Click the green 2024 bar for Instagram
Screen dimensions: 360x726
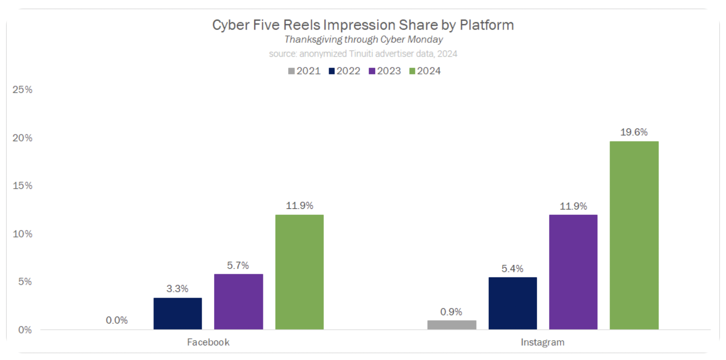click(634, 235)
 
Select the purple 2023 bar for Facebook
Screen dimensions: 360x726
click(238, 302)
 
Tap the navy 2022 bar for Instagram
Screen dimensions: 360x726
click(512, 303)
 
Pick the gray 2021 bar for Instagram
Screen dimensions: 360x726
click(452, 325)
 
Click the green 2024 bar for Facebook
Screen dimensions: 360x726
click(299, 272)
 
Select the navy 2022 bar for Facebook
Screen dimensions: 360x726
click(177, 313)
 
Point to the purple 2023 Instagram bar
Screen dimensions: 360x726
click(573, 272)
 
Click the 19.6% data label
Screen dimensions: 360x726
click(634, 132)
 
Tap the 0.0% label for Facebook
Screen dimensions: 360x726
click(117, 320)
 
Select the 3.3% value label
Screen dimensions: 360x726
click(177, 288)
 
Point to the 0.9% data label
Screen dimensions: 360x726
click(451, 312)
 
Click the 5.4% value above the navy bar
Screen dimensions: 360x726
click(512, 269)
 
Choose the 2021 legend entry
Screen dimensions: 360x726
click(304, 71)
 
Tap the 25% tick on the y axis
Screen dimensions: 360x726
click(22, 90)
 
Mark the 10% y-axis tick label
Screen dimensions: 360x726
click(22, 234)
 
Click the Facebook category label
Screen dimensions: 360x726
click(208, 342)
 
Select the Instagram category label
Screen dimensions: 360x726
click(543, 342)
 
